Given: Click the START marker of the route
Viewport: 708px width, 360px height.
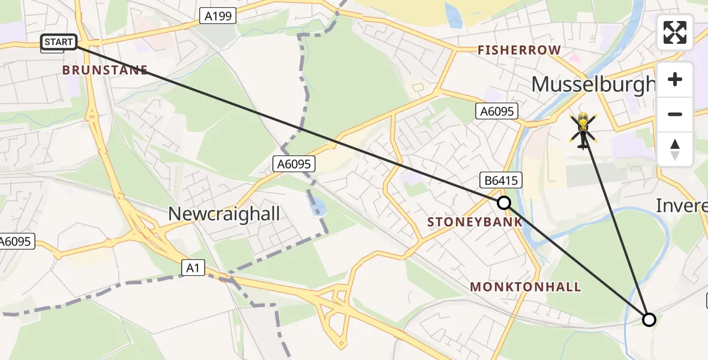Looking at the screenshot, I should point(59,42).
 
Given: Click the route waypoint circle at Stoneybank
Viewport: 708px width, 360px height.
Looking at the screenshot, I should point(504,203).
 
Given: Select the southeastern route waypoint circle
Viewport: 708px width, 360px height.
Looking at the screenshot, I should point(649,319).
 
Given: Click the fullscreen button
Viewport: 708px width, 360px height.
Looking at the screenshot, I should point(675,32).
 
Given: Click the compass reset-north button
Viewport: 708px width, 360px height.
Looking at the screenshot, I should point(675,149).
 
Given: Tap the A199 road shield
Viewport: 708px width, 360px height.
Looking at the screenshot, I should point(218,16).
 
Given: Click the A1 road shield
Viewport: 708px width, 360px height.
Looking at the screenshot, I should point(192,268).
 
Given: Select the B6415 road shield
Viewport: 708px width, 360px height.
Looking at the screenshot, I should point(499,180).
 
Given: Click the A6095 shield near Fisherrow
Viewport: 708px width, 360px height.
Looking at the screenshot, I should point(496,110).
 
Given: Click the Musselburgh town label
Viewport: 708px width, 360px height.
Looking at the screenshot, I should point(593,85).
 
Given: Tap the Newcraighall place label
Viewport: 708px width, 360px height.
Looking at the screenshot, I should point(224,213).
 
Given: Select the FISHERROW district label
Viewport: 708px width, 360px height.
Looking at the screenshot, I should point(519,50).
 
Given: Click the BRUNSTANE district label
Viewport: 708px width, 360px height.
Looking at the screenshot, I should point(105,70).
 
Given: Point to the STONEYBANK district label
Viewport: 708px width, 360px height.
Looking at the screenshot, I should point(474,222).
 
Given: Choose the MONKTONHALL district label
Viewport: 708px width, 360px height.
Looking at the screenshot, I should point(526,287).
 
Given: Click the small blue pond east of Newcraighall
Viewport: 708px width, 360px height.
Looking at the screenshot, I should point(319,209).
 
